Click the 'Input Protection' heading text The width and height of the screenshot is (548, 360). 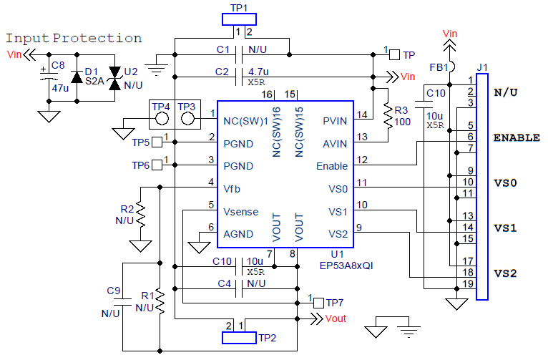(x=74, y=38)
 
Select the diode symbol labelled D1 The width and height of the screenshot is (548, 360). (x=77, y=77)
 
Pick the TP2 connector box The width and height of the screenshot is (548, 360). (x=238, y=337)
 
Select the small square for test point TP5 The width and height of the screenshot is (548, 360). (x=157, y=142)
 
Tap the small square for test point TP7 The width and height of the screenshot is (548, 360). (x=318, y=303)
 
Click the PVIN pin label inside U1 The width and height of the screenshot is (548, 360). (x=334, y=120)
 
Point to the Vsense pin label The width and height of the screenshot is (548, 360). (x=240, y=212)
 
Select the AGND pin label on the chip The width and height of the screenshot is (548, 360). (x=238, y=234)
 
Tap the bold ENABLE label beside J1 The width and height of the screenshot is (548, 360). (x=517, y=137)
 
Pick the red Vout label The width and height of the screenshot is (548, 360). (x=336, y=319)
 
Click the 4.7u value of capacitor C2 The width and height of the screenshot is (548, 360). (x=258, y=72)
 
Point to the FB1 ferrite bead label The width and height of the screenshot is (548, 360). (x=438, y=67)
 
